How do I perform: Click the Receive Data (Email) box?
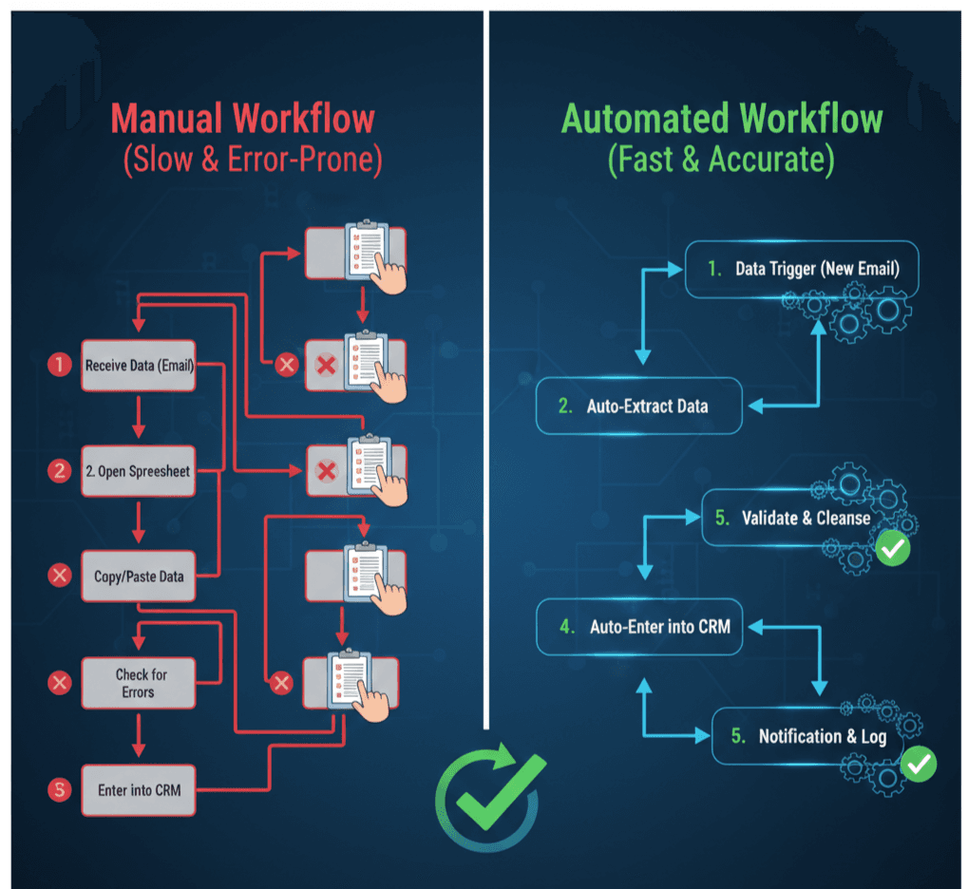(139, 366)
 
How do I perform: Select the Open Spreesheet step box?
(139, 470)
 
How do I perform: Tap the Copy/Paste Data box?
(139, 576)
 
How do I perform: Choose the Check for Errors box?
(139, 682)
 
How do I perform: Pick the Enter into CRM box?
(139, 789)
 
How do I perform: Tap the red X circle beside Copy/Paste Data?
(60, 576)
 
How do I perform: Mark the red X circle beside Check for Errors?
(60, 682)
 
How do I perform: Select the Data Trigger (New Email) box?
(803, 269)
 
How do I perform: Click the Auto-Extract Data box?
(641, 406)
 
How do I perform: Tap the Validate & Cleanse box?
(793, 519)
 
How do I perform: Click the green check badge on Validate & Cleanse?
(892, 549)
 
